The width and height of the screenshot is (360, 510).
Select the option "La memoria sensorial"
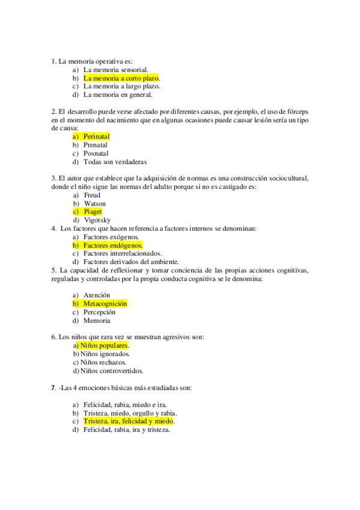(x=115, y=70)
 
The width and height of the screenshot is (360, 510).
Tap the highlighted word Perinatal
(x=96, y=137)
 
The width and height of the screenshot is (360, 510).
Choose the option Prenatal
(x=96, y=145)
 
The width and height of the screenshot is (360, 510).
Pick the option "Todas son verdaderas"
(x=115, y=162)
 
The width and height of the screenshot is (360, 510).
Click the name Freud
(x=92, y=195)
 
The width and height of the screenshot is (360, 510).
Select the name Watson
(x=94, y=203)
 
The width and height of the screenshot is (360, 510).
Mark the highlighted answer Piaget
(x=93, y=212)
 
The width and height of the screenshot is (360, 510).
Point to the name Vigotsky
(x=97, y=220)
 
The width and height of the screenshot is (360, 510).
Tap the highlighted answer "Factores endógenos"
(x=112, y=245)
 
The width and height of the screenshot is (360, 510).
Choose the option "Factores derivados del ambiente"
(x=131, y=262)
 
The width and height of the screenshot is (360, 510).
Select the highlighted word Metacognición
(x=105, y=304)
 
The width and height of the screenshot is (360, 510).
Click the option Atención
(x=97, y=295)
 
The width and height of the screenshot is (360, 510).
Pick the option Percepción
(x=99, y=312)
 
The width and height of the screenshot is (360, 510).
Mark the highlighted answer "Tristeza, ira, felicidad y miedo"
(x=128, y=422)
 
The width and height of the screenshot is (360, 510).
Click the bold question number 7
(x=53, y=388)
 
